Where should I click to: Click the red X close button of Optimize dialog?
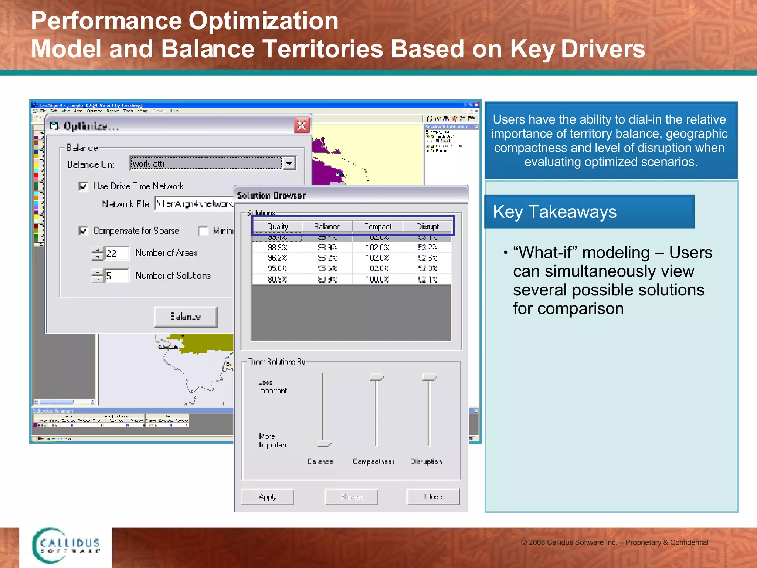[302, 126]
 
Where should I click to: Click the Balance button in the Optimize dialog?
[186, 317]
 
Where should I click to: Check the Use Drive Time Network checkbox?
[84, 186]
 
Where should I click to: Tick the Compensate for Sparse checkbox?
[84, 231]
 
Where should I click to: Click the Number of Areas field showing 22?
[116, 253]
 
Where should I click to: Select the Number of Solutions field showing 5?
[116, 276]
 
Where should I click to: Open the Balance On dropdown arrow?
[289, 163]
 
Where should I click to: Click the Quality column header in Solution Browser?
[278, 226]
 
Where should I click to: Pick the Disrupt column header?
[428, 226]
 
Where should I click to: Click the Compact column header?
[377, 226]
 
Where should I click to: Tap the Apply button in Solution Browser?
[268, 497]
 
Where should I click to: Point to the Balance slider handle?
[324, 443]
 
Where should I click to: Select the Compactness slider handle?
[377, 377]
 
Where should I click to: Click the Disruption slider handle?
[429, 377]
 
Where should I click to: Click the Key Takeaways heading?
[554, 212]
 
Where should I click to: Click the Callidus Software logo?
[67, 545]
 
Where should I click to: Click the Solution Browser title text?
[272, 195]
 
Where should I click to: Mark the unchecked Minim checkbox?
[203, 231]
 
